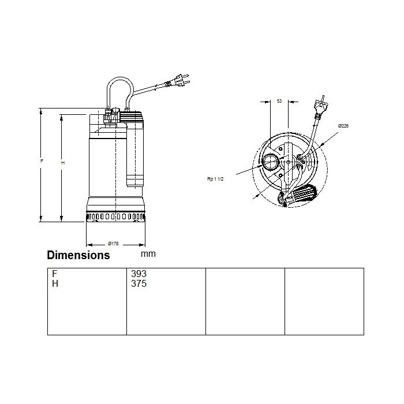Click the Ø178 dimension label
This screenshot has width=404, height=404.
point(113,244)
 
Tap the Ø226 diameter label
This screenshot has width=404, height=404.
point(343,126)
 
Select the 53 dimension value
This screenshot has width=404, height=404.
point(279,101)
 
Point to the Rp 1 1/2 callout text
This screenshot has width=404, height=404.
point(215,179)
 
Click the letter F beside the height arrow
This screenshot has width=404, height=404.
point(42,161)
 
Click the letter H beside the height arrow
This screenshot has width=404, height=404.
point(62,163)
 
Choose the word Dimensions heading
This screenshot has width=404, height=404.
point(78,255)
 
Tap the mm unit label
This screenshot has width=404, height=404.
point(148,254)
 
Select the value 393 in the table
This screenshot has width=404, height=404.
point(139,274)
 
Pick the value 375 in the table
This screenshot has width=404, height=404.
point(139,284)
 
